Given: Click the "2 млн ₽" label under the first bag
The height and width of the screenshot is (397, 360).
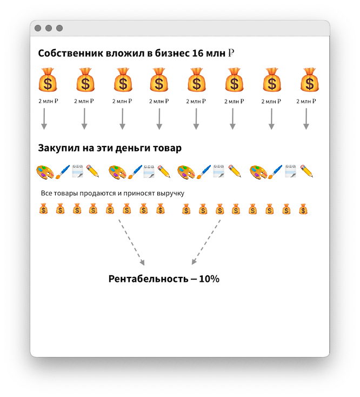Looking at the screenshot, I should (x=48, y=101).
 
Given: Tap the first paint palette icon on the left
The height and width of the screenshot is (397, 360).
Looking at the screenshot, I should (x=44, y=171).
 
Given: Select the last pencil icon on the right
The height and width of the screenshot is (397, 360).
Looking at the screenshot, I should (x=307, y=171).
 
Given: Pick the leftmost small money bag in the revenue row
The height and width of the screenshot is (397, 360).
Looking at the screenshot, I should (x=44, y=208).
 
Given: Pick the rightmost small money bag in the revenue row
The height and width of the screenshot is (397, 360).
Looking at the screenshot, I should (x=303, y=208).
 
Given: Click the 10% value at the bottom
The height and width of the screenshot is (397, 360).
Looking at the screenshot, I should (x=209, y=279).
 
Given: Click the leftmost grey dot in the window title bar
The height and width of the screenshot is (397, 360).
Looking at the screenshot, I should (x=38, y=28).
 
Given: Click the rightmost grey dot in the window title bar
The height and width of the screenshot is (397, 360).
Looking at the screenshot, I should (x=59, y=28).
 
